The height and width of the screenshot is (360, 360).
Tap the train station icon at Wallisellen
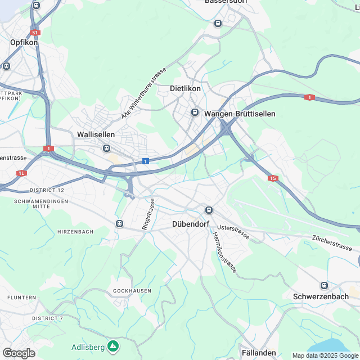[x=106, y=148]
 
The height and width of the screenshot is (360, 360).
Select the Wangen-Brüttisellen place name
[x=240, y=114]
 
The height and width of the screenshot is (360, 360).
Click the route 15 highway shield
[x=273, y=178]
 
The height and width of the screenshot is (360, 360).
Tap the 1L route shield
[x=21, y=173]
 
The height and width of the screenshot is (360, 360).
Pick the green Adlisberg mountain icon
[x=114, y=345]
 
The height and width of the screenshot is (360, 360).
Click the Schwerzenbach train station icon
[x=323, y=285]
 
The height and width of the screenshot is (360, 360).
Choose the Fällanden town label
[x=259, y=353]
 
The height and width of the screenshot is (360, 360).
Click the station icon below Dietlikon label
[x=195, y=112]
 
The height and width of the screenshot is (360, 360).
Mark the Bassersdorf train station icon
[x=218, y=23]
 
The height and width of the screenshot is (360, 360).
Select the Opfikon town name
[x=24, y=42]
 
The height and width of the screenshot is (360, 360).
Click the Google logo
[x=19, y=353]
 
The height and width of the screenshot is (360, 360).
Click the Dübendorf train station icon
[x=209, y=210]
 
